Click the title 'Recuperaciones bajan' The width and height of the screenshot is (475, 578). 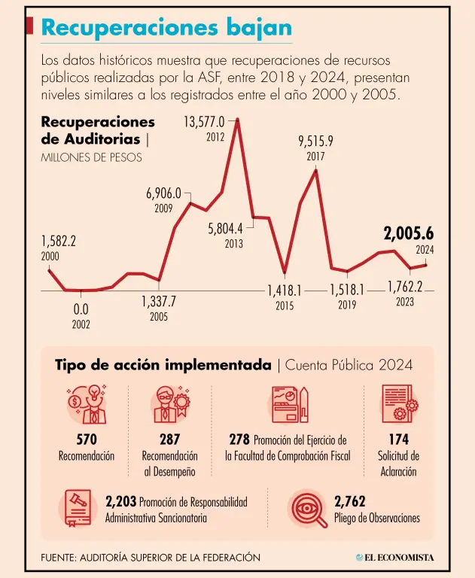pos(166,28)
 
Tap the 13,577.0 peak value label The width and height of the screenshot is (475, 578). pos(204,122)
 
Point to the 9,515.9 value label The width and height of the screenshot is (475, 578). pos(315,141)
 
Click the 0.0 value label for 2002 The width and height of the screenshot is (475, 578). pos(81,309)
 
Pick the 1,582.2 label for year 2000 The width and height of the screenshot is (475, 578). pos(58,242)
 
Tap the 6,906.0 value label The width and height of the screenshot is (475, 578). pos(163,193)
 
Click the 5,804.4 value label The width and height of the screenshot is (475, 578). pos(225,228)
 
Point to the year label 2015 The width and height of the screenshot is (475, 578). pos(285,306)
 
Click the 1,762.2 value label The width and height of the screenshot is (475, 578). pos(405,287)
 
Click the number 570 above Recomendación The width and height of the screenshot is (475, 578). pos(87,440)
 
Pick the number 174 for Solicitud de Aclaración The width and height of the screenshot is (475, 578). pos(398,440)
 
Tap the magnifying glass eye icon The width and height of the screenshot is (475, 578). pos(309,509)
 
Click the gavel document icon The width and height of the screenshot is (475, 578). pos(76,509)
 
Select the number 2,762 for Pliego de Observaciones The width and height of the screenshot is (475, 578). pos(349,501)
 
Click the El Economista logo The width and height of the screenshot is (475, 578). pos(395,558)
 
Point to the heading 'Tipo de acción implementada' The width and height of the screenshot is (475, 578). pos(163,365)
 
